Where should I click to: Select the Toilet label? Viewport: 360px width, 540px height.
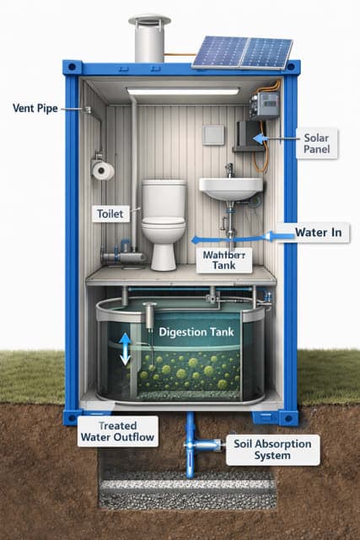point(110,213)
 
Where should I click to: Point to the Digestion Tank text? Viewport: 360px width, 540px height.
point(195,332)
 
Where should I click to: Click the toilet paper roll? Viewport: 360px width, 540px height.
point(104,170)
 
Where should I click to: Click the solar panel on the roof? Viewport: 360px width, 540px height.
point(243,51)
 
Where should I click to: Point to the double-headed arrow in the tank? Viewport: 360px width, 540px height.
point(126,348)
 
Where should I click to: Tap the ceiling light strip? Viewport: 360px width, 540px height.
point(183,90)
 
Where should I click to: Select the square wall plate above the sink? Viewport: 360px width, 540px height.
point(214,135)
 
